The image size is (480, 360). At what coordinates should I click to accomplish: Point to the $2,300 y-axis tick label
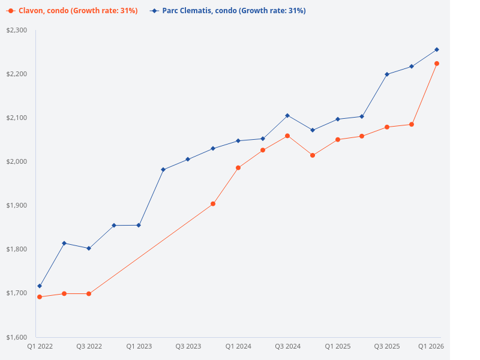click(16, 30)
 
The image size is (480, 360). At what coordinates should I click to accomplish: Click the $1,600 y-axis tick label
click(16, 337)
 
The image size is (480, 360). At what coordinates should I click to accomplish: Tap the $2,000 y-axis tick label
click(16, 161)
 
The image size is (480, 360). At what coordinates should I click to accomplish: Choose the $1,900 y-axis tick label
click(16, 205)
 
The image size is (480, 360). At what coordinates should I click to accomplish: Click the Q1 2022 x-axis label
click(40, 346)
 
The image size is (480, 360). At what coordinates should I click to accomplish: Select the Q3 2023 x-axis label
click(188, 346)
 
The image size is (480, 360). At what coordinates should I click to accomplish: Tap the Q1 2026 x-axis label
click(431, 346)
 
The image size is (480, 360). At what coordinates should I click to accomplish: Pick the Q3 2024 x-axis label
click(287, 346)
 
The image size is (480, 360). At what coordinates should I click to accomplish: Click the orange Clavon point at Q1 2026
click(437, 64)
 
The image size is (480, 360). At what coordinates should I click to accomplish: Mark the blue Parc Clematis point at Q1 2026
click(437, 49)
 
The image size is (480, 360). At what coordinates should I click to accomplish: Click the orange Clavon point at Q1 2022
click(40, 297)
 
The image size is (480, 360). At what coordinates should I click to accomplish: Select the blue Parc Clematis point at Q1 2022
click(40, 286)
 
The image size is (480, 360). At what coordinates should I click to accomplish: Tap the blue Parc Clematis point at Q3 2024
click(287, 115)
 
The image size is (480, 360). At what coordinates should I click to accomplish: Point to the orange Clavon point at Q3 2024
click(287, 136)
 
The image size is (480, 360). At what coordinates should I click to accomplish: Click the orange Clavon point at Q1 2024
click(238, 168)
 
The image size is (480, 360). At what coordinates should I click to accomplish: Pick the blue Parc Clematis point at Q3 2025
click(387, 74)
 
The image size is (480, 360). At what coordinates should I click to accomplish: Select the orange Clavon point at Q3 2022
click(89, 294)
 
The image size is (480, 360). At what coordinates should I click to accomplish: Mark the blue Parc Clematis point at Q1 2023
click(139, 225)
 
